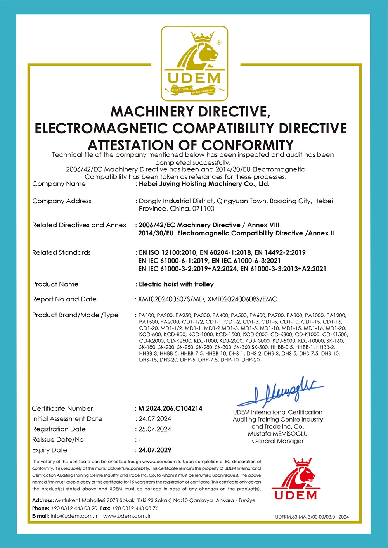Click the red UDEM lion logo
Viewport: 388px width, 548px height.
[296, 479]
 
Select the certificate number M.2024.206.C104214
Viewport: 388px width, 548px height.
[170, 408]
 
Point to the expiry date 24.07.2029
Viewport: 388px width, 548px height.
[155, 450]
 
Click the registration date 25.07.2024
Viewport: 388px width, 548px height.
[155, 429]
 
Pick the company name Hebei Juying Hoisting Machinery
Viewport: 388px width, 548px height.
[204, 184]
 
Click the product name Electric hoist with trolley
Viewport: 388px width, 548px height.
[176, 284]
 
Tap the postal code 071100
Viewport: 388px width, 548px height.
[203, 209]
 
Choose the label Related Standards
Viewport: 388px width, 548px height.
[61, 252]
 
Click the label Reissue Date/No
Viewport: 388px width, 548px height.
[58, 439]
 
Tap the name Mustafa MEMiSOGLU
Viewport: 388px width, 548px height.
[278, 434]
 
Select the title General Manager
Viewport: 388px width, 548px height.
[278, 441]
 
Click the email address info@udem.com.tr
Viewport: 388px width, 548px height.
[74, 516]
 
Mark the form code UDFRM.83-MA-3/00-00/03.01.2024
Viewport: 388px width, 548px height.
[312, 517]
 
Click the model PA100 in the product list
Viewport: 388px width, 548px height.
[146, 315]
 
